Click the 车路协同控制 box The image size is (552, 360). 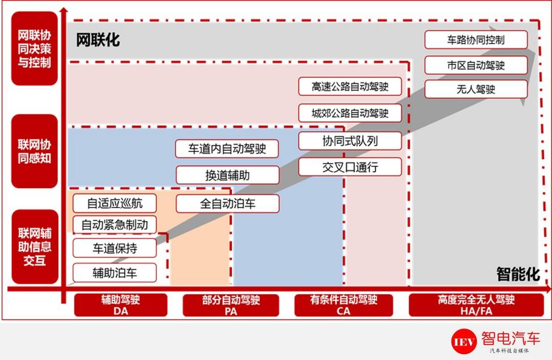click(x=476, y=40)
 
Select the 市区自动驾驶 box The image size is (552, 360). click(x=476, y=65)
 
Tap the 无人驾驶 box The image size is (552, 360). click(x=476, y=89)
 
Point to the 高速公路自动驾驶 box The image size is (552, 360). click(x=350, y=86)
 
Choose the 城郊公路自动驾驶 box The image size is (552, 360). click(x=350, y=113)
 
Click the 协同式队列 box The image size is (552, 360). click(x=350, y=141)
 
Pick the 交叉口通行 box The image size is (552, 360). click(x=350, y=167)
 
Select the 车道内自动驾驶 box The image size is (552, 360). click(x=227, y=149)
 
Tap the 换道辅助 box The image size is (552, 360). click(x=227, y=175)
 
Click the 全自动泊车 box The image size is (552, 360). click(x=227, y=204)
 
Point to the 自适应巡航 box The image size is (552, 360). click(x=115, y=203)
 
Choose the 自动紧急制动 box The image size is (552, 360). click(x=115, y=224)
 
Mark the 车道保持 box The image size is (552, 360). click(x=115, y=249)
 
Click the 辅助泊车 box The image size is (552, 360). click(x=115, y=273)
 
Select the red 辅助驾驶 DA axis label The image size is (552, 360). click(x=121, y=305)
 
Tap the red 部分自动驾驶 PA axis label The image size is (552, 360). click(x=231, y=305)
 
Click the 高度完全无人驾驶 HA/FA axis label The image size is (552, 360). click(x=476, y=305)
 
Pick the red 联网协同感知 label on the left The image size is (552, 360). click(x=35, y=151)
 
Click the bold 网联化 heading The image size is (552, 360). click(x=98, y=40)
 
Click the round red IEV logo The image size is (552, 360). click(x=464, y=341)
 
